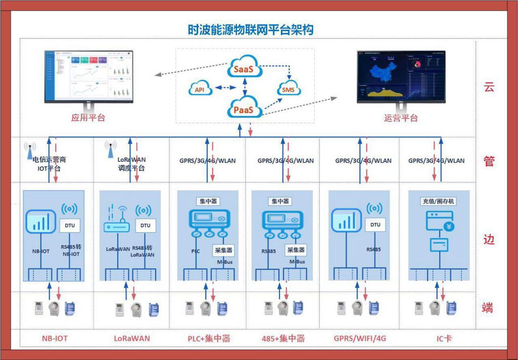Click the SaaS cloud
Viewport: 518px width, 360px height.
click(x=244, y=69)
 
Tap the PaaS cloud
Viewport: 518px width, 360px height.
click(x=244, y=110)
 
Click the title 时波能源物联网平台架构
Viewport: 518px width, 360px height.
click(x=250, y=29)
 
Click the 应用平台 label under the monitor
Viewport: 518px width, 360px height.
click(x=88, y=118)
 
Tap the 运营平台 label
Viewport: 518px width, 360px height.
click(x=401, y=118)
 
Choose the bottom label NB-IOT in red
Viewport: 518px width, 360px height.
click(x=55, y=338)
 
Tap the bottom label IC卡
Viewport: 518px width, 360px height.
click(x=444, y=338)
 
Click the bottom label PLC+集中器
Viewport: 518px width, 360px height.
click(x=209, y=338)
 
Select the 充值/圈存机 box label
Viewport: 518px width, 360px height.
click(x=438, y=201)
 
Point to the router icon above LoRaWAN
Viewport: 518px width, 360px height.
click(x=116, y=221)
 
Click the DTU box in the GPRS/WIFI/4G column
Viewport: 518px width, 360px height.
click(x=375, y=225)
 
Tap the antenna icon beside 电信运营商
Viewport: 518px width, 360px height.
click(x=29, y=150)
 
